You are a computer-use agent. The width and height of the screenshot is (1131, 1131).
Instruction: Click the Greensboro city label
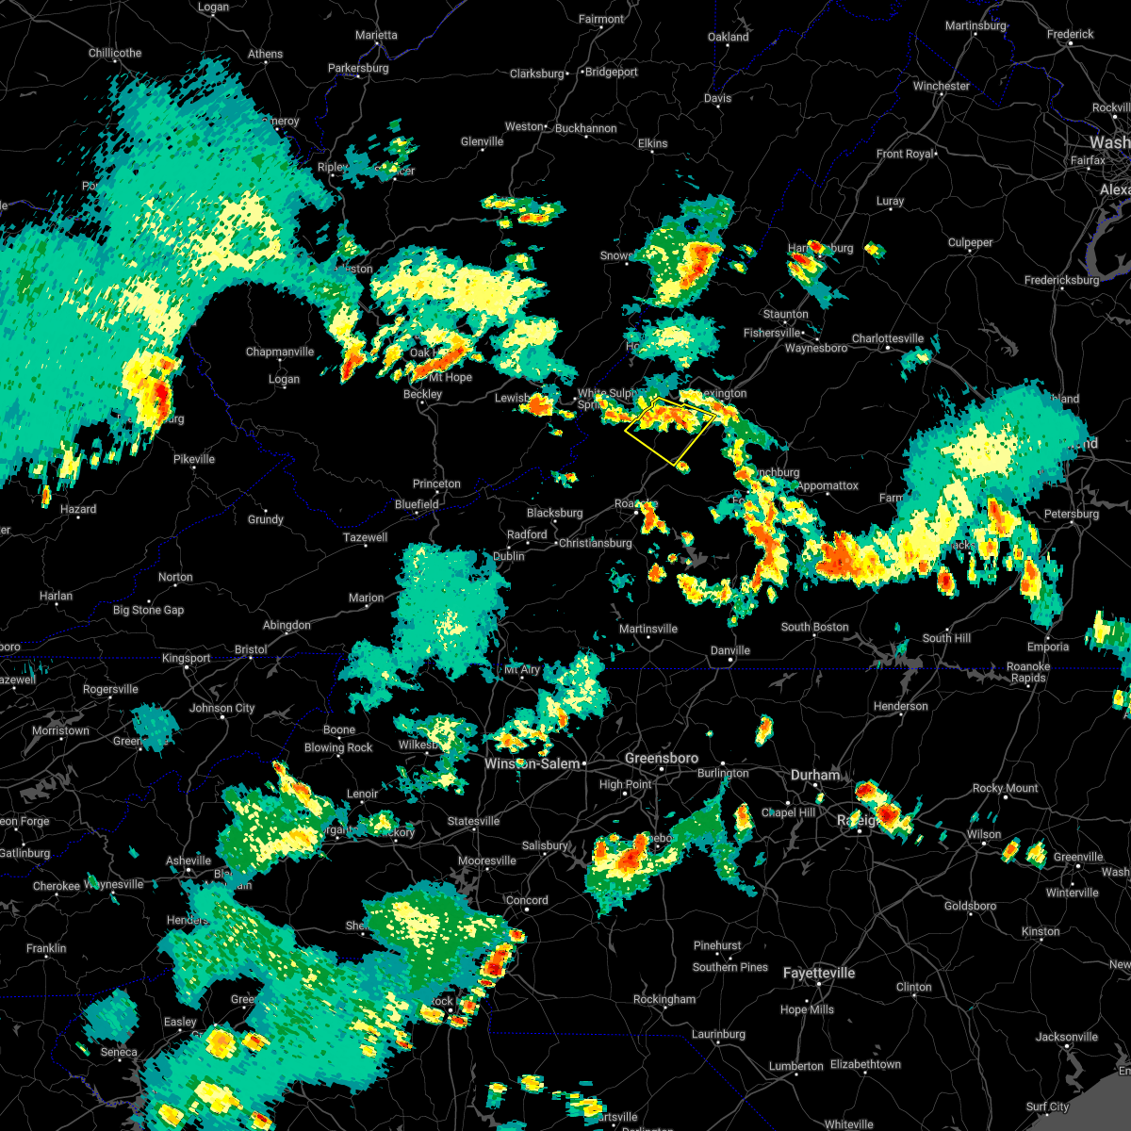tap(662, 759)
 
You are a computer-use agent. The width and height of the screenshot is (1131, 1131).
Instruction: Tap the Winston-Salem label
tap(532, 764)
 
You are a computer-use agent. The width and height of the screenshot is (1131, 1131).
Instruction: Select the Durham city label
tap(815, 776)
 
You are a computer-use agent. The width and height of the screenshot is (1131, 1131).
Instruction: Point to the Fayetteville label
tap(819, 974)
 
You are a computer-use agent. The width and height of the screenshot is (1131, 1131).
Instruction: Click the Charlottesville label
tap(888, 339)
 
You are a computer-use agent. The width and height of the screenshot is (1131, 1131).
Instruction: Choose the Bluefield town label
tap(417, 504)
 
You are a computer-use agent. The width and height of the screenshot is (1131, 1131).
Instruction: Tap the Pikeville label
tap(194, 460)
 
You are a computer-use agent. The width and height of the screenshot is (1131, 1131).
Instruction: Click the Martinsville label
tap(648, 630)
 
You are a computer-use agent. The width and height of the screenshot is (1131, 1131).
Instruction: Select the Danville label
tap(730, 650)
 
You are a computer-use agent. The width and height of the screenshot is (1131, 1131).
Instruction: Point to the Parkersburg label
tap(358, 69)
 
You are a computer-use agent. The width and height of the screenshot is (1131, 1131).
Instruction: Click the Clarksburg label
tap(537, 74)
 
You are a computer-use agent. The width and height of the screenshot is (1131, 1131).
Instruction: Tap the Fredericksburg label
tap(1062, 280)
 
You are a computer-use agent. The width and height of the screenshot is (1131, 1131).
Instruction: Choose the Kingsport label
tap(187, 659)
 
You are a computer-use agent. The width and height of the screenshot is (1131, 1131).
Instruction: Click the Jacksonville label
tap(1067, 1038)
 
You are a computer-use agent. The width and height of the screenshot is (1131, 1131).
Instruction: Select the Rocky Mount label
tap(1006, 789)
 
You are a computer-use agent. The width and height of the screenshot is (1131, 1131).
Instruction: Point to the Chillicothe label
tap(115, 54)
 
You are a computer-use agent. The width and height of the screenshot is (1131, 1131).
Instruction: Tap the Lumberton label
tap(796, 1067)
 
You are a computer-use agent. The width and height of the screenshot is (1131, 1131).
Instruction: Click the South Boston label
tap(814, 628)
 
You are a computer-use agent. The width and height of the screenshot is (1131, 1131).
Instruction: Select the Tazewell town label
tap(365, 538)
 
